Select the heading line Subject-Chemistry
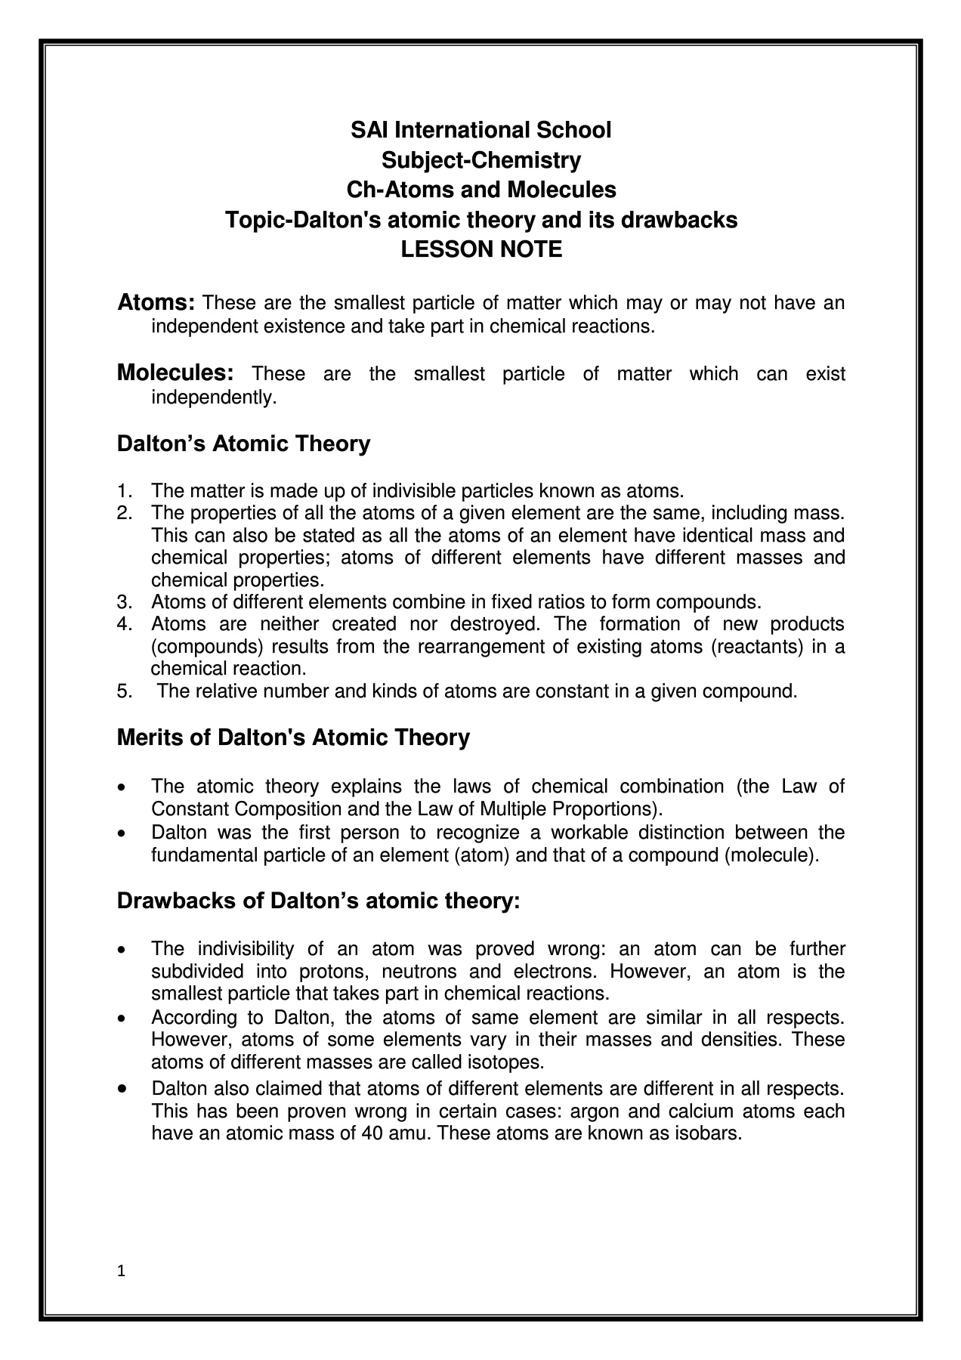(x=480, y=160)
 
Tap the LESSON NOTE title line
(x=480, y=249)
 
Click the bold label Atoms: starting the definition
(x=156, y=303)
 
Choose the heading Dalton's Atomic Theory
(x=243, y=444)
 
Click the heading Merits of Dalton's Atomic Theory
(x=293, y=737)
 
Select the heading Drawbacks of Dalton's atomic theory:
(x=318, y=901)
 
